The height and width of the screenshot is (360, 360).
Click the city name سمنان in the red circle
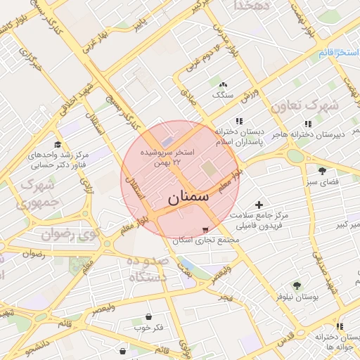189,198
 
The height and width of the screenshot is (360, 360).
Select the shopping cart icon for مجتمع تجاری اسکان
205,229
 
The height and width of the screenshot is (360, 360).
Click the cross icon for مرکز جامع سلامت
259,205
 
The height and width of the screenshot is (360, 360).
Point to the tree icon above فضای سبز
323,171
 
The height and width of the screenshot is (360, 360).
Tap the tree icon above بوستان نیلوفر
297,285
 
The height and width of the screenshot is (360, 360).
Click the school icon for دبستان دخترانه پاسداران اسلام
239,120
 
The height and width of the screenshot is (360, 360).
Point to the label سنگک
222,94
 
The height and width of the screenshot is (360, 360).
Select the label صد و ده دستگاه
148,269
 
